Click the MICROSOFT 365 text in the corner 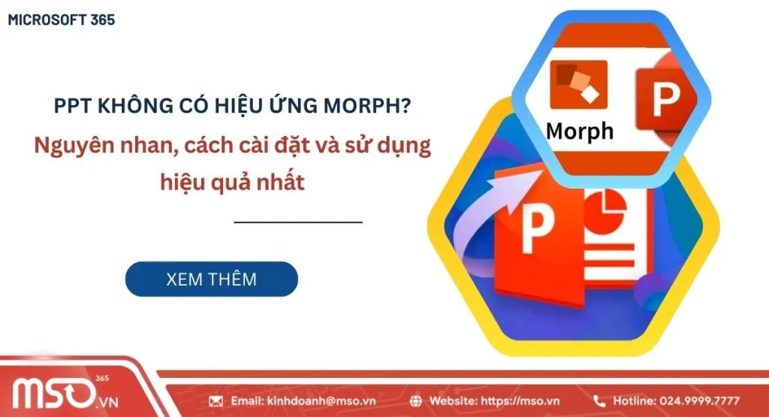tap(62, 20)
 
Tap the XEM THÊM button tap(211, 280)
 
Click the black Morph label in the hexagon tap(579, 131)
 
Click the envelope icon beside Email tap(216, 400)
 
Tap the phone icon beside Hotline tap(599, 400)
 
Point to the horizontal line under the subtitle tap(298, 222)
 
